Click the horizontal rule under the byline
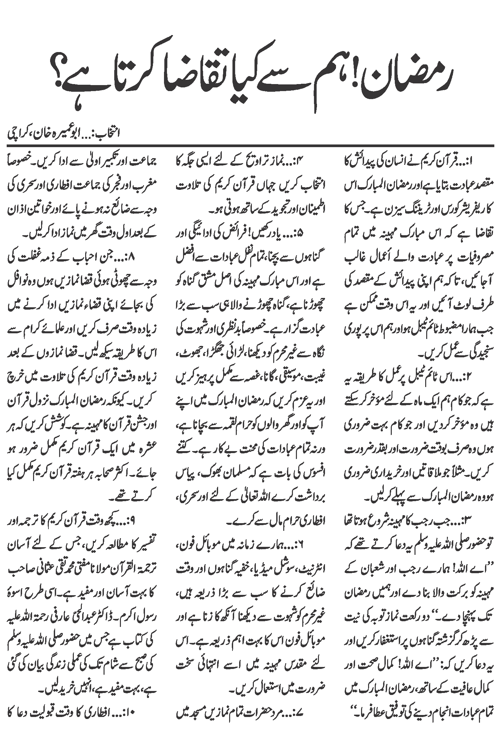click(x=251, y=145)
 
